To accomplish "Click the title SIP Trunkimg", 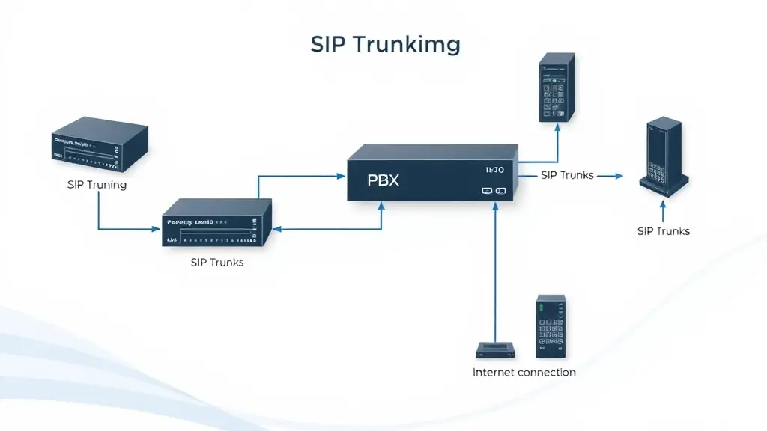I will click(x=385, y=44).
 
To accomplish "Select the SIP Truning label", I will click(x=97, y=184).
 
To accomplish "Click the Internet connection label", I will click(x=524, y=372).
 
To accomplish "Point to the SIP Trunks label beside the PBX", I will click(x=567, y=175).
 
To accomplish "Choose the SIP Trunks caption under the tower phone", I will click(x=663, y=230).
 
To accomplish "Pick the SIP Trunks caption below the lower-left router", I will click(x=216, y=263).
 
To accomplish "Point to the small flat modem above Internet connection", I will click(x=495, y=349).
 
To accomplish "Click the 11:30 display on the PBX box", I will click(x=494, y=170).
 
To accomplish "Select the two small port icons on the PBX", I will click(x=494, y=191).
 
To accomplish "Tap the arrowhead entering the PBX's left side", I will click(x=339, y=176).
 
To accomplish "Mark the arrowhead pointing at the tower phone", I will click(x=619, y=176).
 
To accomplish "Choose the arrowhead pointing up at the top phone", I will click(x=557, y=126).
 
